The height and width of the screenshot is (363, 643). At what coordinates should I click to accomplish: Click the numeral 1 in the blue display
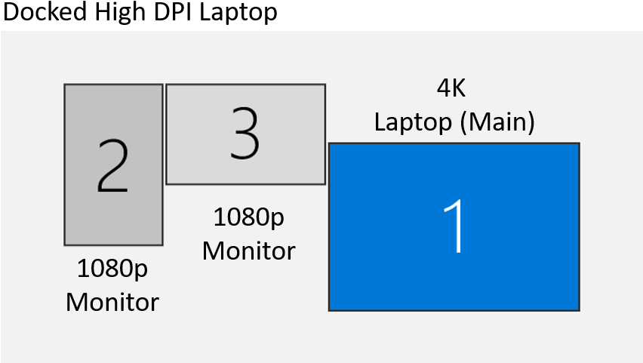(455, 226)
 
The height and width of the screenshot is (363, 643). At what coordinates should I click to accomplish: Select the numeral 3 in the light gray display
(245, 134)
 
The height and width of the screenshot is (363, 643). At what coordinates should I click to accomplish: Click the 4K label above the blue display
(451, 88)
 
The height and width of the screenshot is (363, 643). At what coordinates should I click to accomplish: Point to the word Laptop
(412, 122)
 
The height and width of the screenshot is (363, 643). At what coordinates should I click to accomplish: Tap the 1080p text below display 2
(112, 268)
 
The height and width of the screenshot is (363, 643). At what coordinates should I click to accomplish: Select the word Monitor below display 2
(112, 302)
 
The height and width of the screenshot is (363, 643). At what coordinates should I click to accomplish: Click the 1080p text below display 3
(248, 217)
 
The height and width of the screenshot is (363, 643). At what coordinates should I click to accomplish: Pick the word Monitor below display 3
(248, 251)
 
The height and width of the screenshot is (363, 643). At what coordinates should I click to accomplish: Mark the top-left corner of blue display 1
(329, 143)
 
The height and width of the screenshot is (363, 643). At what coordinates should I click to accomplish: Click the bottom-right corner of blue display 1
(579, 310)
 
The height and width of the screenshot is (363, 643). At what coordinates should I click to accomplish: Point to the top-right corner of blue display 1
(579, 143)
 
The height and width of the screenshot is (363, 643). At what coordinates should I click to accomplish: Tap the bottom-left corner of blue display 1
(329, 310)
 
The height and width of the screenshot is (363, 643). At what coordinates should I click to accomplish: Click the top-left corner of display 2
(65, 85)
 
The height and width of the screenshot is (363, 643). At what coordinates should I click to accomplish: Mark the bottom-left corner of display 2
(65, 245)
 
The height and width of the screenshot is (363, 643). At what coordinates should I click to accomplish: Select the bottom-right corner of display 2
(162, 245)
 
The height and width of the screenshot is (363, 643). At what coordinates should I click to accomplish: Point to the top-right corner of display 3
(325, 85)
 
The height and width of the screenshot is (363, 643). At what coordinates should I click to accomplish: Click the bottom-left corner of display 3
(167, 183)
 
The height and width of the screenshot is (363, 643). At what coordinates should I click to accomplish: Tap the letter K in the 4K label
(459, 88)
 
